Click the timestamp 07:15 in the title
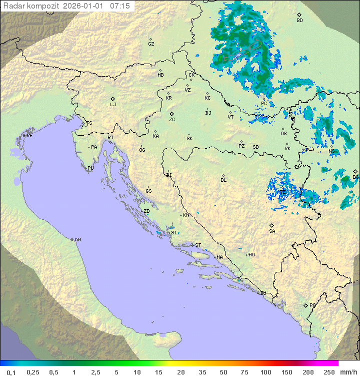119,6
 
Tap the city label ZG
172,120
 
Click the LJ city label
113,105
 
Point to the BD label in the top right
299,21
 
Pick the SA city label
272,231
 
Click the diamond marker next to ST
192,245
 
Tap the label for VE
29,136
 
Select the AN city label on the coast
77,240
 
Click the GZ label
151,44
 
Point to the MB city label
160,75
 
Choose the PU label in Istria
90,168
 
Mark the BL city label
223,180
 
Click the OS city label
283,134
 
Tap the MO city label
251,255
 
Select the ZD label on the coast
146,211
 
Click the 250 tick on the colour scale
329,372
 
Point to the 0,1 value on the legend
10,372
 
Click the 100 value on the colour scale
265,372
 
